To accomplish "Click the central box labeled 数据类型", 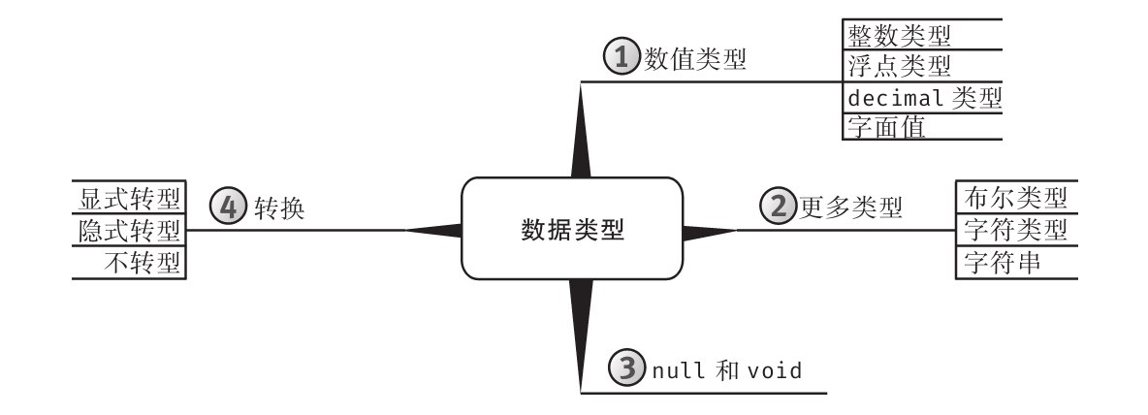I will (572, 230).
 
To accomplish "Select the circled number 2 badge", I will (778, 205).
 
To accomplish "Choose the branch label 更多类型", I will (850, 206).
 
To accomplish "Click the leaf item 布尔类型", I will (1016, 199).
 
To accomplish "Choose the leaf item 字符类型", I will (1016, 230).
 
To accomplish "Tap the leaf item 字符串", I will (1003, 261).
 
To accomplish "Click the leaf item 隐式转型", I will (130, 231).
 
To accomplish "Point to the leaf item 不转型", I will (143, 262).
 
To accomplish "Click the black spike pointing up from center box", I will (581, 136).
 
